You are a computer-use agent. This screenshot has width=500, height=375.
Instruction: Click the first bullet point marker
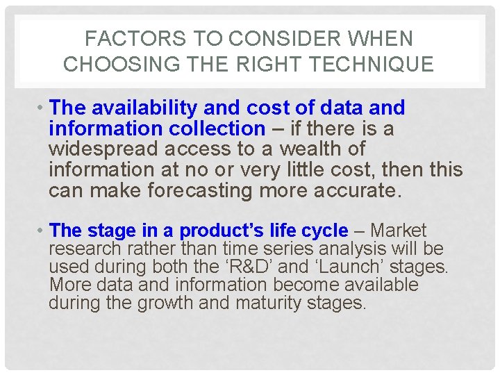[x=42, y=108]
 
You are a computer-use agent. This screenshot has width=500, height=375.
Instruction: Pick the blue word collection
[x=218, y=128]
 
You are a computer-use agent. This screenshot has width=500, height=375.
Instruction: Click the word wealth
[x=326, y=149]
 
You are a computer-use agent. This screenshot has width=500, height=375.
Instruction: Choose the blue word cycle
[x=327, y=231]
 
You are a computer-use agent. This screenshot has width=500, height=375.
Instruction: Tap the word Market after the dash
[x=399, y=231]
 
